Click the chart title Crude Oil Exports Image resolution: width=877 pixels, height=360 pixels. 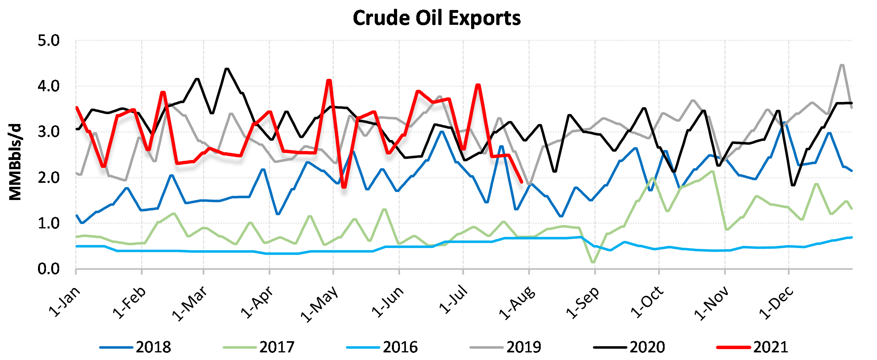[437, 18]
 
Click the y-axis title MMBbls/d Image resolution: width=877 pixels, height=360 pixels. [15, 162]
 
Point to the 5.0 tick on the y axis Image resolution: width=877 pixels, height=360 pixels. [48, 41]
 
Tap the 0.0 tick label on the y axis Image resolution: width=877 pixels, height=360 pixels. [48, 269]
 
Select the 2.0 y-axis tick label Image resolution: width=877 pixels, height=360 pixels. [48, 178]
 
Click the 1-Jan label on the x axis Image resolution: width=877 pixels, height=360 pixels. [65, 302]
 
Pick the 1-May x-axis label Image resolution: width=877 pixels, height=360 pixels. [320, 304]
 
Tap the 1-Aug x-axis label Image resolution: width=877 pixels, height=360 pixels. [517, 303]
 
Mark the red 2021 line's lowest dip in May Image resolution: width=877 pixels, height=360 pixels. [344, 187]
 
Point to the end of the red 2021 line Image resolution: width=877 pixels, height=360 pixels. [522, 182]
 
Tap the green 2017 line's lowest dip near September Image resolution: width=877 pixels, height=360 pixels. [593, 262]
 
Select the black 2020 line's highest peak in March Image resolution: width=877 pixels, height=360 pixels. [227, 69]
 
